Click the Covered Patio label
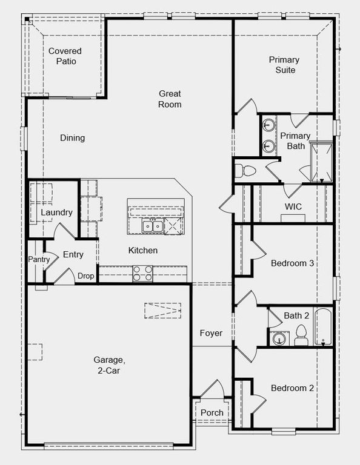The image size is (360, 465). click(x=65, y=56)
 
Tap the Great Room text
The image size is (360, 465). click(x=170, y=99)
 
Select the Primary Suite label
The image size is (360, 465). click(x=284, y=65)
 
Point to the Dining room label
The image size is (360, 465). click(x=72, y=138)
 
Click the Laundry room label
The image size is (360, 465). click(x=56, y=213)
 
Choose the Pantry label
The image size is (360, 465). click(x=38, y=260)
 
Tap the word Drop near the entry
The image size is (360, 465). click(x=85, y=276)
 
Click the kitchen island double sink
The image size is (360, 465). click(x=152, y=226)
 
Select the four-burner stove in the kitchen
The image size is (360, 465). click(x=143, y=274)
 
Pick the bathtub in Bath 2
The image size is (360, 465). click(x=324, y=328)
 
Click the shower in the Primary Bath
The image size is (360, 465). click(x=321, y=162)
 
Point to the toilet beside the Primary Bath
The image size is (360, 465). click(x=247, y=170)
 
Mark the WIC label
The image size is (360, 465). click(x=293, y=206)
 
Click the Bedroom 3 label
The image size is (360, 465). click(x=292, y=263)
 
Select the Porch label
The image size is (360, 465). click(x=212, y=413)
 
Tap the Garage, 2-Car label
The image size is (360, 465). click(x=110, y=365)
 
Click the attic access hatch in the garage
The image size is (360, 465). click(x=162, y=310)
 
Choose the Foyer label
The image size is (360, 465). click(x=212, y=334)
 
